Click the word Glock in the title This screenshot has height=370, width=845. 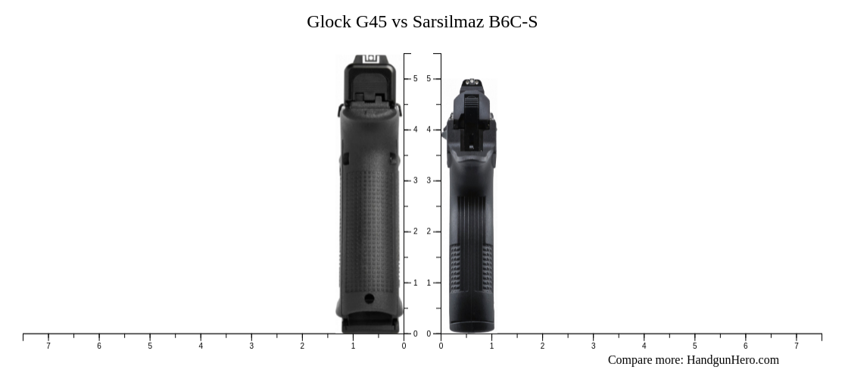(329, 22)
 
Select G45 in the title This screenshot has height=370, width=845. (371, 22)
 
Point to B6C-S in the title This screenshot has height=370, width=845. (513, 22)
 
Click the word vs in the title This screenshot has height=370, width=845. (400, 22)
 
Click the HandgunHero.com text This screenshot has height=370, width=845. (732, 360)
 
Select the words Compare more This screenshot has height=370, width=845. (644, 360)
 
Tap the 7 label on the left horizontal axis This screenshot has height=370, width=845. (48, 346)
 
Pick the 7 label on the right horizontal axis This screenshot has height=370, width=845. (796, 346)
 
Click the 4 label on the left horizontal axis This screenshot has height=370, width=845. (201, 346)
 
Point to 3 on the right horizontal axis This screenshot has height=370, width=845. (593, 346)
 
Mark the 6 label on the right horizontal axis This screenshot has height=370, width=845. (745, 346)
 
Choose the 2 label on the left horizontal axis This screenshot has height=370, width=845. (302, 346)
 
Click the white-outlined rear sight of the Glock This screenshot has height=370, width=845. (370, 59)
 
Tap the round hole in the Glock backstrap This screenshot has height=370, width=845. (369, 299)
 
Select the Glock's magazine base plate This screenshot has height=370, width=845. (369, 325)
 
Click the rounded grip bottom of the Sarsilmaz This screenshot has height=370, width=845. (471, 325)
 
